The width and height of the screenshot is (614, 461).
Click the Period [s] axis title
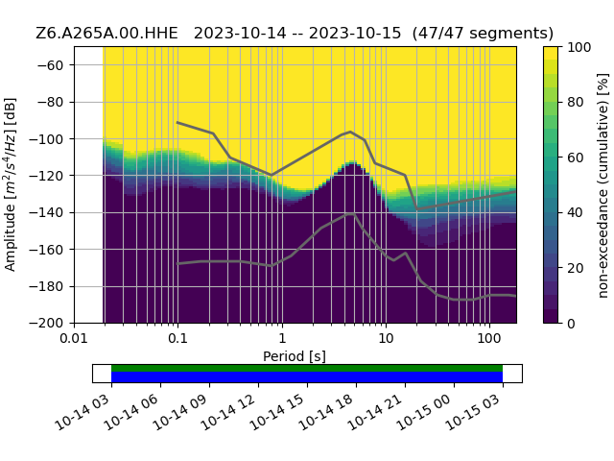tap(295, 356)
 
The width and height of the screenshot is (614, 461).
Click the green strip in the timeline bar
tap(307, 368)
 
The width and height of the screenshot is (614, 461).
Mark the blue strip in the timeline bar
tap(307, 377)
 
